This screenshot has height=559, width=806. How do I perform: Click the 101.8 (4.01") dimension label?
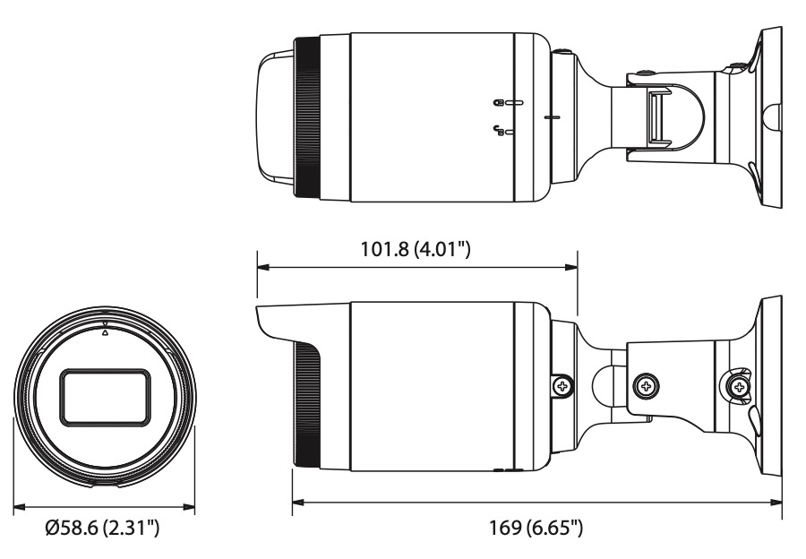pos(416,249)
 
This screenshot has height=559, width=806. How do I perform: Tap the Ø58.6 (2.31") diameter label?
pos(102,527)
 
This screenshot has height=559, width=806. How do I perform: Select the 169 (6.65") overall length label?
pos(536,527)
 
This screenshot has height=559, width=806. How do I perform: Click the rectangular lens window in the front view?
pos(106,397)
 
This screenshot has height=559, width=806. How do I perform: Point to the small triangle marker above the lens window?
pos(106,332)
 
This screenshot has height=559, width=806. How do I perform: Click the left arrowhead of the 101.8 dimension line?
pos(263,268)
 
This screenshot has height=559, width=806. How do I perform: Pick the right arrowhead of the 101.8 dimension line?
pos(571,268)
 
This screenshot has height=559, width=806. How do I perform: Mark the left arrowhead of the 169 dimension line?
pos(298,502)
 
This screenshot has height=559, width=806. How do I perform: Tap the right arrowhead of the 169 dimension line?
pos(776,502)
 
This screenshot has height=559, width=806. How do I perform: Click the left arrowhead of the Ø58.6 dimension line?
pos(20,506)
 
